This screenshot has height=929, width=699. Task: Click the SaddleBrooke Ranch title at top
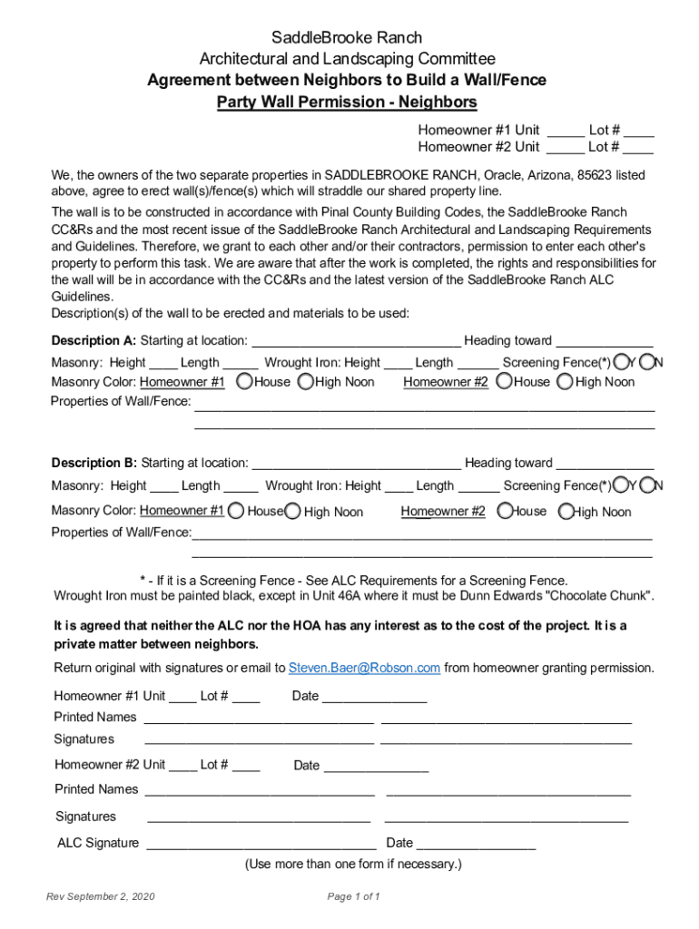(x=348, y=38)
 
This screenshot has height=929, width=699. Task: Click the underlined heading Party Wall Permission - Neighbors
(x=347, y=102)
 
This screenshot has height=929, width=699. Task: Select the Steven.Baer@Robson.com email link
(x=364, y=668)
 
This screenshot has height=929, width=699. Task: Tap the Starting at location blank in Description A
(x=356, y=341)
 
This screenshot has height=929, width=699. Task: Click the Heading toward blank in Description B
(x=605, y=464)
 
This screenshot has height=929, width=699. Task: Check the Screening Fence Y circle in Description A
(x=620, y=362)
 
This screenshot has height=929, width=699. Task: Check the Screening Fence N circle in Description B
(x=647, y=485)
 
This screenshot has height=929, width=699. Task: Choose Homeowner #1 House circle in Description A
(x=244, y=382)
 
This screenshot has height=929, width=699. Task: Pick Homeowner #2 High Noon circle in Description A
(x=565, y=382)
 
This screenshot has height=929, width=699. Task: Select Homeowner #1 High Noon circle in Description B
(x=292, y=512)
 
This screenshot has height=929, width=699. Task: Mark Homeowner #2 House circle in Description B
(x=506, y=512)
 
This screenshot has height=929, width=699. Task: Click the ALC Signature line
(x=261, y=844)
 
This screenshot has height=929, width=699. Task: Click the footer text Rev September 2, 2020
(x=101, y=897)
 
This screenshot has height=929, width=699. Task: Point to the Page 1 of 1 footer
(x=353, y=897)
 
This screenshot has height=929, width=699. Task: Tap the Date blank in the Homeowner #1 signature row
(x=374, y=697)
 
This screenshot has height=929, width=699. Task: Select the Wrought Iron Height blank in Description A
(x=398, y=363)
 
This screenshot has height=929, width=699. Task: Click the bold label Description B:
(x=94, y=463)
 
